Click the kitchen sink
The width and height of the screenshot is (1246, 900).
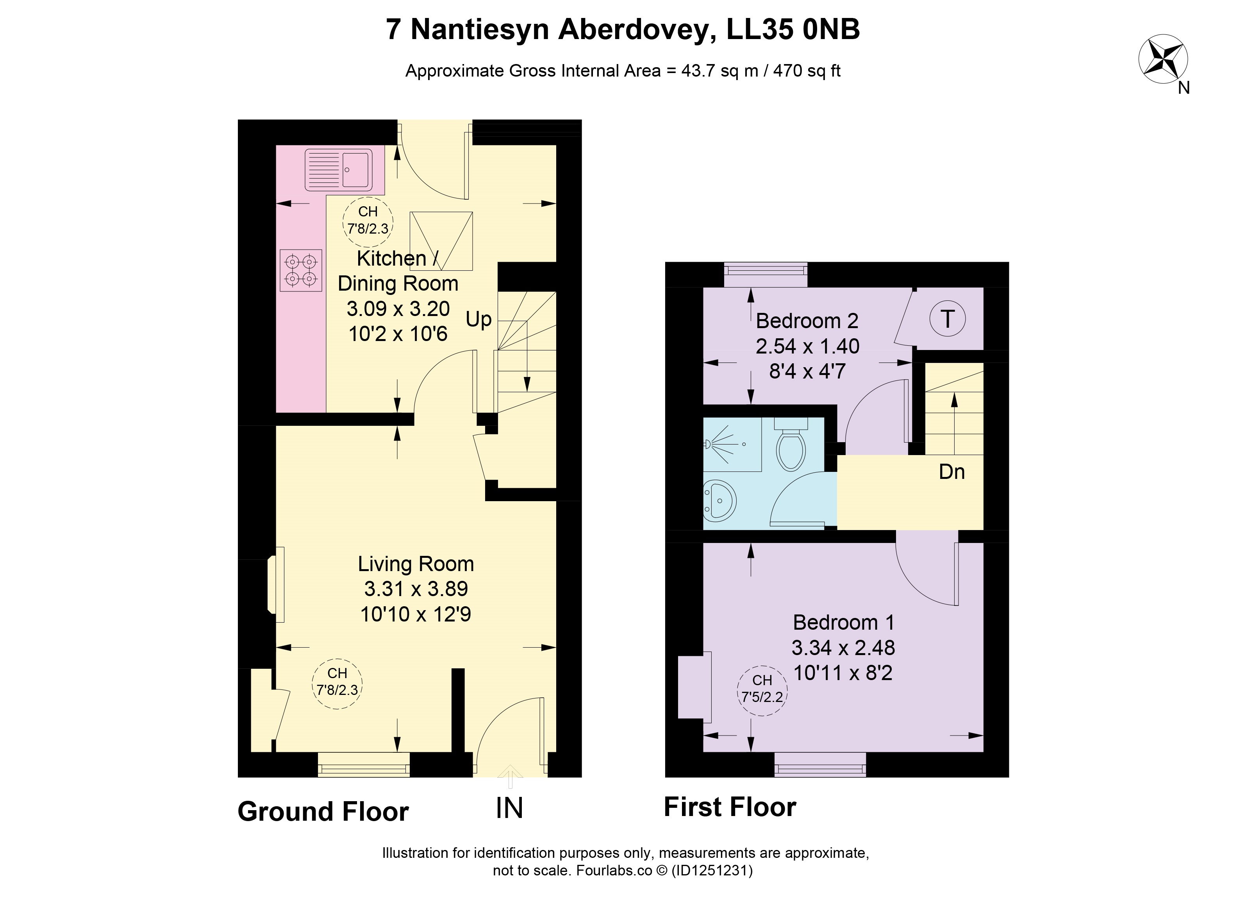coord(338,169)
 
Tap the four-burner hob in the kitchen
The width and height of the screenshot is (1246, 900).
coord(300,270)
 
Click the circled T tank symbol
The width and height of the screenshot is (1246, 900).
coord(948,319)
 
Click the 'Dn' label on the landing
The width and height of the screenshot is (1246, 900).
coord(951,472)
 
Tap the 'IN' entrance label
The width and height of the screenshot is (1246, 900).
coord(509,808)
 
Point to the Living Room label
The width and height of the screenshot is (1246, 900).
coord(416,564)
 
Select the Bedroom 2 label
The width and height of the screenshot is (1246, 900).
coord(807,321)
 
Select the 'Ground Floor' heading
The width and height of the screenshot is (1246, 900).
coord(323,812)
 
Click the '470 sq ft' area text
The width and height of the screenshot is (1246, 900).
coord(807,71)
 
